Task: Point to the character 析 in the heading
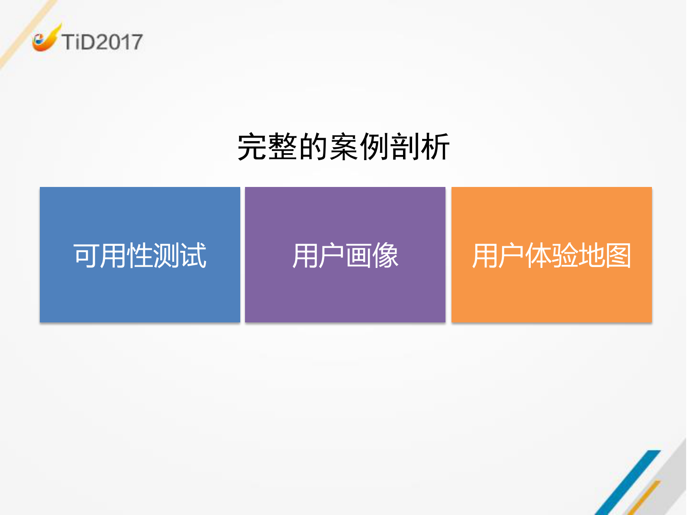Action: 435,147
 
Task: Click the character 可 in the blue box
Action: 86,255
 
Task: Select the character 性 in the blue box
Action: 140,255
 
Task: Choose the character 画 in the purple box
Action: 358,255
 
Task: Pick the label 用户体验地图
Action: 552,255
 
